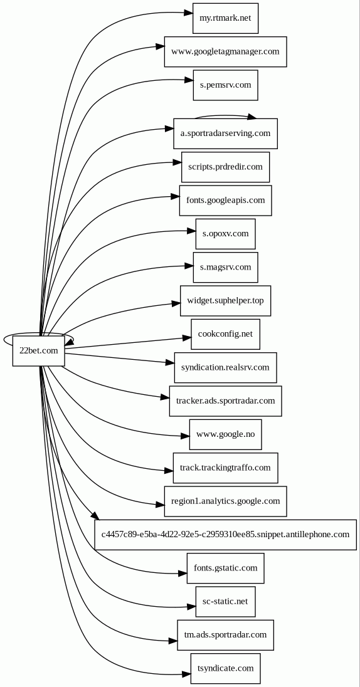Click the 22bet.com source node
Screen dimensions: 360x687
coord(39,350)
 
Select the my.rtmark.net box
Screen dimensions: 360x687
coord(225,18)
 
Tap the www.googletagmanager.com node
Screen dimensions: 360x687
coord(225,51)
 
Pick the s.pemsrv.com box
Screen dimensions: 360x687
coord(225,85)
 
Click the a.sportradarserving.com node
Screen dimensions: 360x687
coord(225,133)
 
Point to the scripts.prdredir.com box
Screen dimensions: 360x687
coord(225,167)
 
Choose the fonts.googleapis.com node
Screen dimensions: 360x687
coord(225,200)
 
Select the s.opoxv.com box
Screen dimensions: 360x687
coord(225,234)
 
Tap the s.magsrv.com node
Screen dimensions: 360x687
coord(225,267)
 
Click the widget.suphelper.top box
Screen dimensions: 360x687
coord(225,301)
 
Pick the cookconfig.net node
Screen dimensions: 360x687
coord(225,334)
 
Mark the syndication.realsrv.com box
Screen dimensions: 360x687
coord(225,367)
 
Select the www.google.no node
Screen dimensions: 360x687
coord(225,434)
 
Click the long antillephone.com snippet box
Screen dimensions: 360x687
coord(225,535)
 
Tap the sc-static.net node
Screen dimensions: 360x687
coord(225,602)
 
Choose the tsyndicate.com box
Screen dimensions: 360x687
coord(225,668)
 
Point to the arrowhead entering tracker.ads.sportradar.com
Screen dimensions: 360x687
coord(165,397)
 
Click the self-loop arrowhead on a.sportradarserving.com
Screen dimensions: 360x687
coord(251,117)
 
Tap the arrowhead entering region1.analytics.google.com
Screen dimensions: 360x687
coord(159,505)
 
